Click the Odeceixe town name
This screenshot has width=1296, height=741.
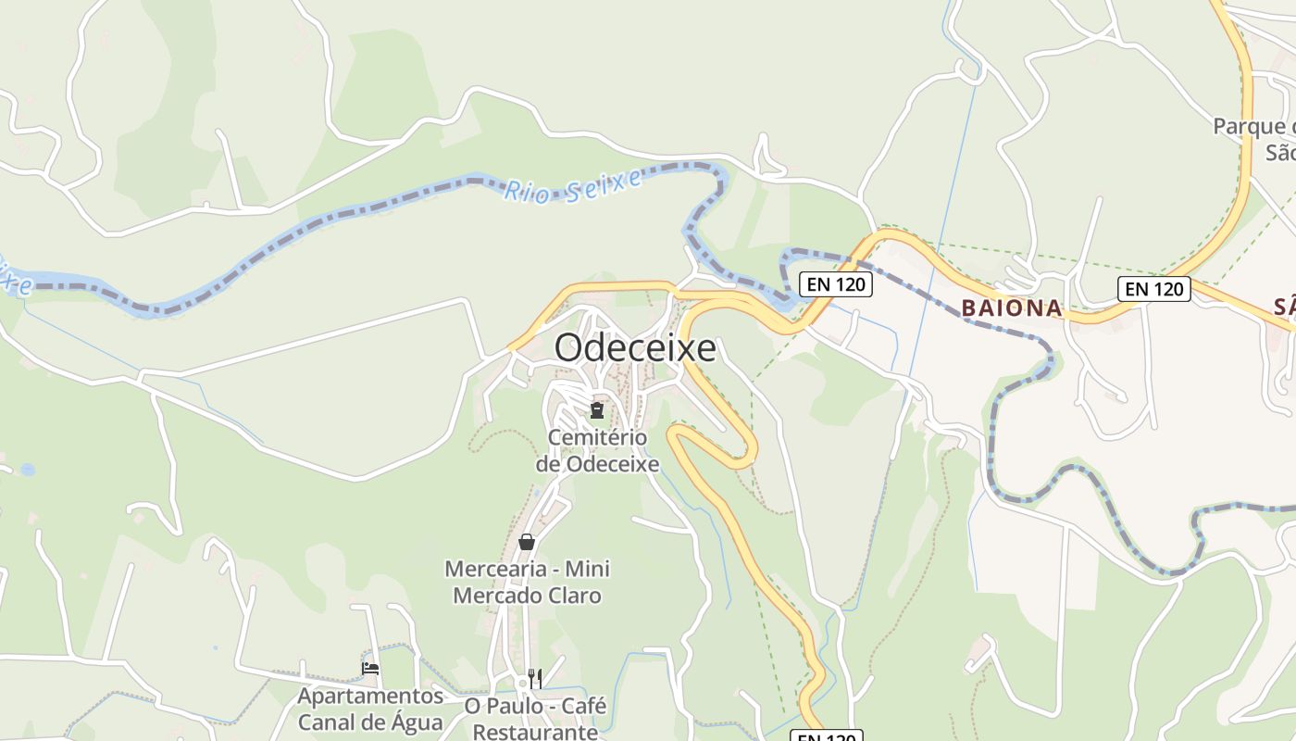pyautogui.click(x=635, y=348)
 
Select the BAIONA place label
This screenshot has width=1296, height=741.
pyautogui.click(x=1011, y=308)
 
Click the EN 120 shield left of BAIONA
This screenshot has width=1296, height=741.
pyautogui.click(x=836, y=284)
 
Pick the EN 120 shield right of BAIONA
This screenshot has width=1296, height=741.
pyautogui.click(x=1153, y=289)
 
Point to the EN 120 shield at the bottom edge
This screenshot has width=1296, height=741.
pyautogui.click(x=826, y=736)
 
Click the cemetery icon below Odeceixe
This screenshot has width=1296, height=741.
pyautogui.click(x=597, y=409)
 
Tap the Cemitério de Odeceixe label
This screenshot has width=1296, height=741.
pyautogui.click(x=597, y=450)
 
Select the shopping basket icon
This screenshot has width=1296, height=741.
pyautogui.click(x=527, y=542)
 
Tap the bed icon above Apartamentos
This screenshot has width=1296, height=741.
pyautogui.click(x=370, y=668)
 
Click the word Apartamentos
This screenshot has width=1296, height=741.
pyautogui.click(x=370, y=696)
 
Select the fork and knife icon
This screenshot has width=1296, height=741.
pyautogui.click(x=535, y=678)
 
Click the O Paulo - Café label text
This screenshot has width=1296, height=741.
pyautogui.click(x=535, y=706)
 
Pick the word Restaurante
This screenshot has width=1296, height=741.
pyautogui.click(x=535, y=732)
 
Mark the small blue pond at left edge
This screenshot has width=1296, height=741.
pyautogui.click(x=28, y=470)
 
